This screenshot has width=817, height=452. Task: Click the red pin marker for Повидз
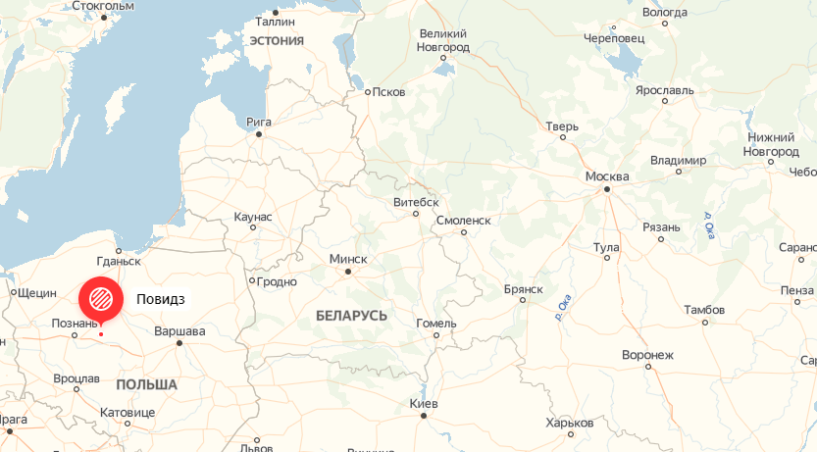[100, 298]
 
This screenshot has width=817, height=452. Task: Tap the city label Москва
[606, 176]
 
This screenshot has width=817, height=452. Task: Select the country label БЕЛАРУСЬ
[351, 316]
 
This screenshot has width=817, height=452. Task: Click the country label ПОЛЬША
[146, 384]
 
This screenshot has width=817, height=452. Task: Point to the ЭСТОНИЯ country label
[277, 40]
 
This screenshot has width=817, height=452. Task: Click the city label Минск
[348, 259]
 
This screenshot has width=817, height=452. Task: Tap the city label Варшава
[180, 331]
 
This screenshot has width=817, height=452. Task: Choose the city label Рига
[259, 123]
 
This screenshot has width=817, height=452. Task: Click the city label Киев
[424, 404]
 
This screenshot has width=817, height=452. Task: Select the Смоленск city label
[463, 221]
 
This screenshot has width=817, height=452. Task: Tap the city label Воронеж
[647, 355]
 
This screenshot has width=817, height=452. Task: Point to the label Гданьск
[120, 262]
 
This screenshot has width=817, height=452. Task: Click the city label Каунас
[253, 216]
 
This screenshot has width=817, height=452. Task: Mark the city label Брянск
[523, 289]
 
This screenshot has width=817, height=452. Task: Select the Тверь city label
[562, 126]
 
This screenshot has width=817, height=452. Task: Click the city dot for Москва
[607, 188]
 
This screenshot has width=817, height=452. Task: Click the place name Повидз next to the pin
[161, 298]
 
